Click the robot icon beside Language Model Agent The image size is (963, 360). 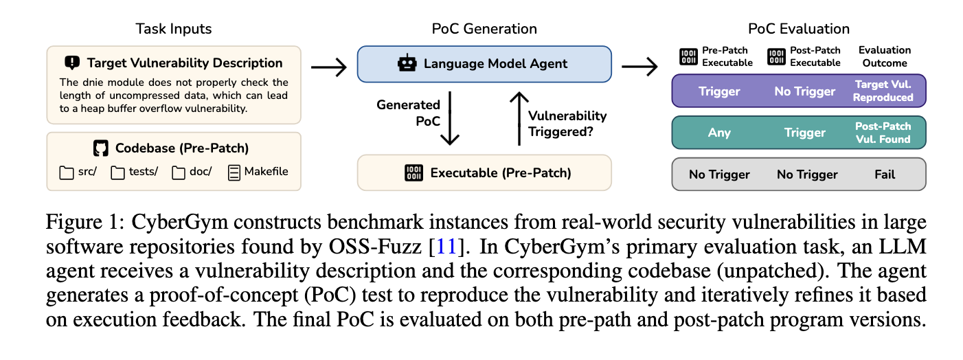pyautogui.click(x=407, y=64)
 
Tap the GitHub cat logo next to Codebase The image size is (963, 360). pyautogui.click(x=100, y=148)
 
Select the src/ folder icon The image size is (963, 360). pyautogui.click(x=66, y=172)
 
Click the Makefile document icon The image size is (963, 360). pyautogui.click(x=234, y=172)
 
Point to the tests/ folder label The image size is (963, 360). pyautogui.click(x=143, y=172)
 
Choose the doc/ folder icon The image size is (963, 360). pyautogui.click(x=179, y=172)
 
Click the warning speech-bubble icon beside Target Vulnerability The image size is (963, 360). pyautogui.click(x=72, y=63)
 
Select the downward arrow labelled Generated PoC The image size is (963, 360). pyautogui.click(x=450, y=118)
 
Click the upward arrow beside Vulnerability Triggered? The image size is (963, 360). pyautogui.click(x=519, y=118)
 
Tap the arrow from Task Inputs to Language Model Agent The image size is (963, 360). pyautogui.click(x=329, y=67)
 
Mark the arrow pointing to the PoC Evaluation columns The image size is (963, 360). pyautogui.click(x=639, y=67)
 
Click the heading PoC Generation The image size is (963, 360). pyautogui.click(x=484, y=29)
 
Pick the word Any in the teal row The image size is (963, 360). pyautogui.click(x=719, y=133)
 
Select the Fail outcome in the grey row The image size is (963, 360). pyautogui.click(x=885, y=175)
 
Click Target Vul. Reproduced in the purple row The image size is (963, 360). pyautogui.click(x=883, y=91)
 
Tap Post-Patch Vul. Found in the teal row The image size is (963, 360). pyautogui.click(x=883, y=133)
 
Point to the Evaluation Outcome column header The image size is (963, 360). pyautogui.click(x=885, y=56)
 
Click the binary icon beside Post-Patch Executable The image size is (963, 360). pyautogui.click(x=776, y=57)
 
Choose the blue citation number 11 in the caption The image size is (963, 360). pyautogui.click(x=446, y=247)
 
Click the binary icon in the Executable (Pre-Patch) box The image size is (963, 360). pyautogui.click(x=414, y=173)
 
